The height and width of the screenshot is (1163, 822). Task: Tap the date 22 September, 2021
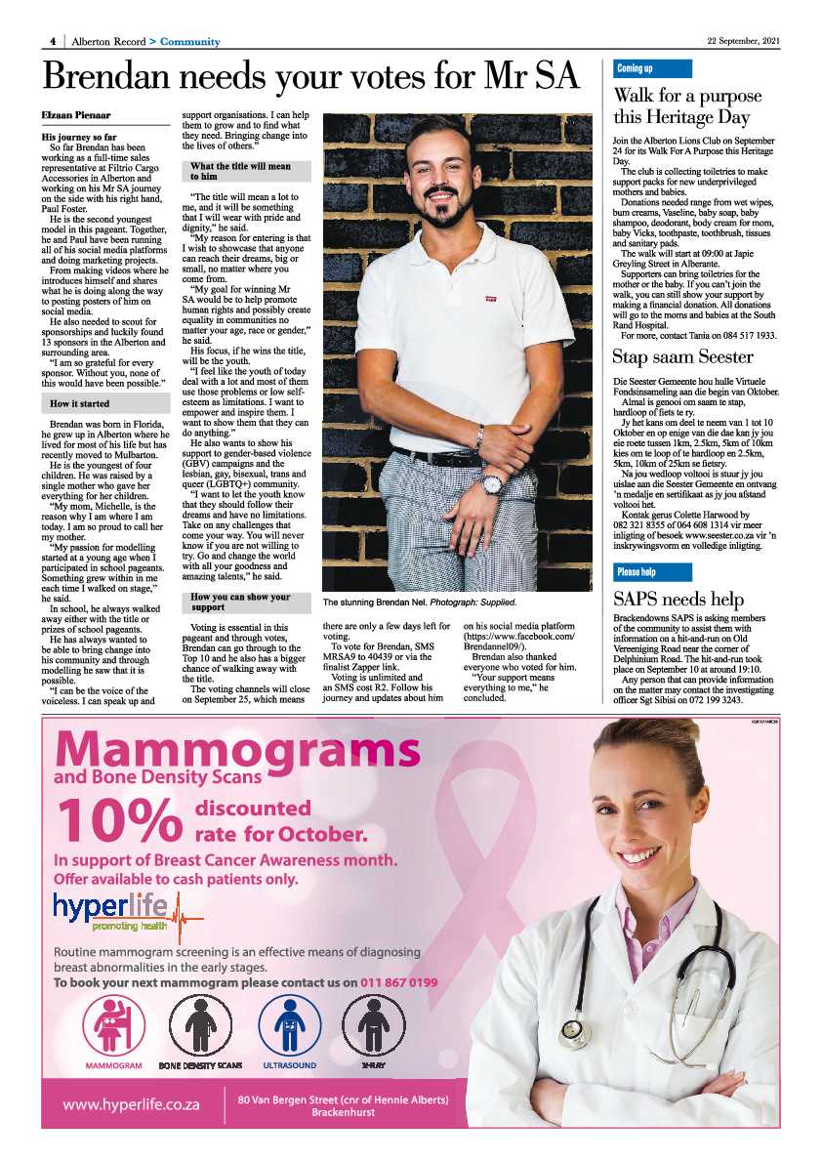pyautogui.click(x=744, y=41)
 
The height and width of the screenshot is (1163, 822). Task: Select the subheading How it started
pyautogui.click(x=80, y=403)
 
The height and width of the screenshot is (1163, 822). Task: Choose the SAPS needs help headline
pyautogui.click(x=678, y=600)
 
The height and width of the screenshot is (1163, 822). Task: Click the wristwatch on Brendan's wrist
pyautogui.click(x=492, y=483)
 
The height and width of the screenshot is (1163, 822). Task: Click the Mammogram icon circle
pyautogui.click(x=114, y=1022)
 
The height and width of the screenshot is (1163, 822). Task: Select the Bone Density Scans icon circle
pyautogui.click(x=200, y=1022)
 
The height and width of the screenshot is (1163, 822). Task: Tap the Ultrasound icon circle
pyautogui.click(x=289, y=1022)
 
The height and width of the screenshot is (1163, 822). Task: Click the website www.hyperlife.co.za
pyautogui.click(x=132, y=1104)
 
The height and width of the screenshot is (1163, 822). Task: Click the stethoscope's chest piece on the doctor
pyautogui.click(x=570, y=1031)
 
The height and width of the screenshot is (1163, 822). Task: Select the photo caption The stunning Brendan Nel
pyautogui.click(x=420, y=602)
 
